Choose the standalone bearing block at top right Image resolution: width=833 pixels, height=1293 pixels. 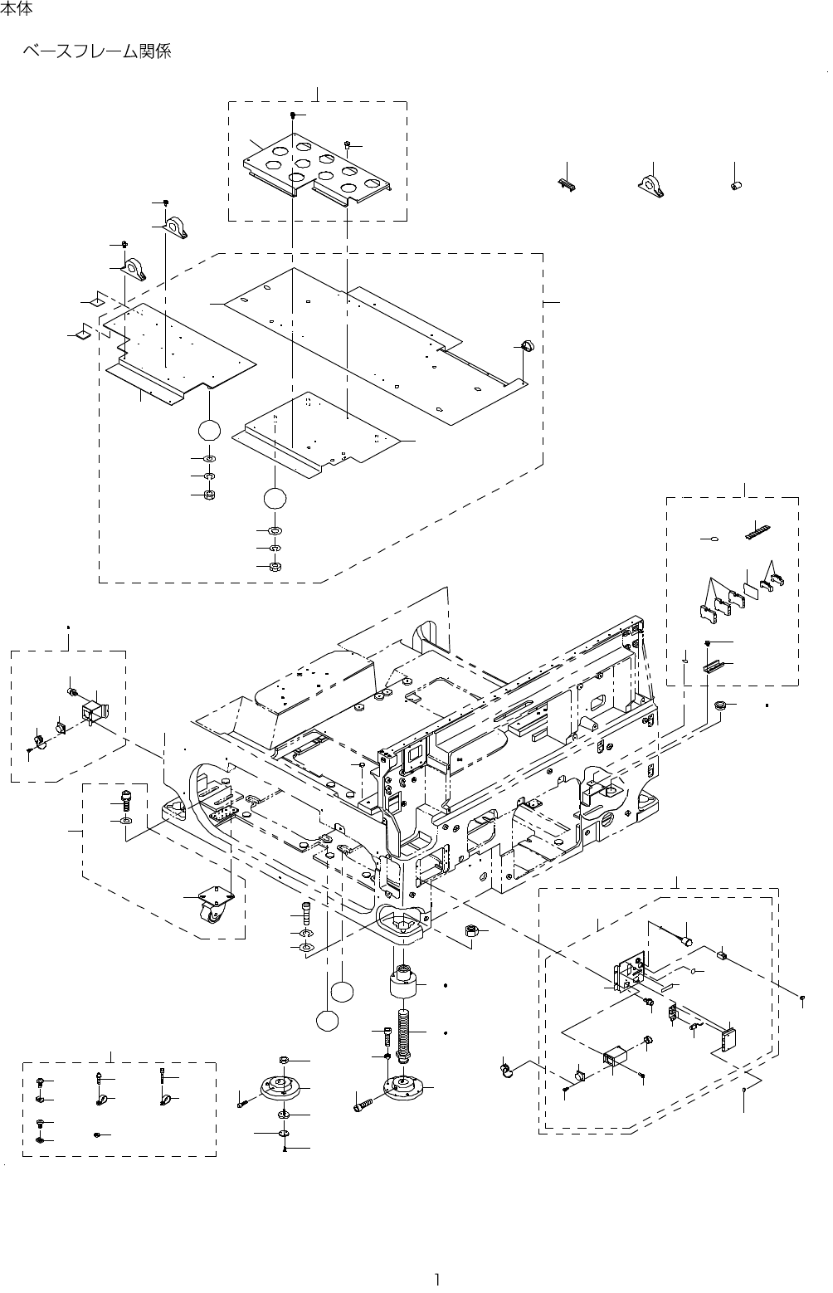pyautogui.click(x=653, y=185)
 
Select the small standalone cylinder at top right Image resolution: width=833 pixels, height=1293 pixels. pyautogui.click(x=736, y=185)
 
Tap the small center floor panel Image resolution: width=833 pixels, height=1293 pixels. pyautogui.click(x=319, y=433)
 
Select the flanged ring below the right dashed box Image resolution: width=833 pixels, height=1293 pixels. pyautogui.click(x=721, y=706)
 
